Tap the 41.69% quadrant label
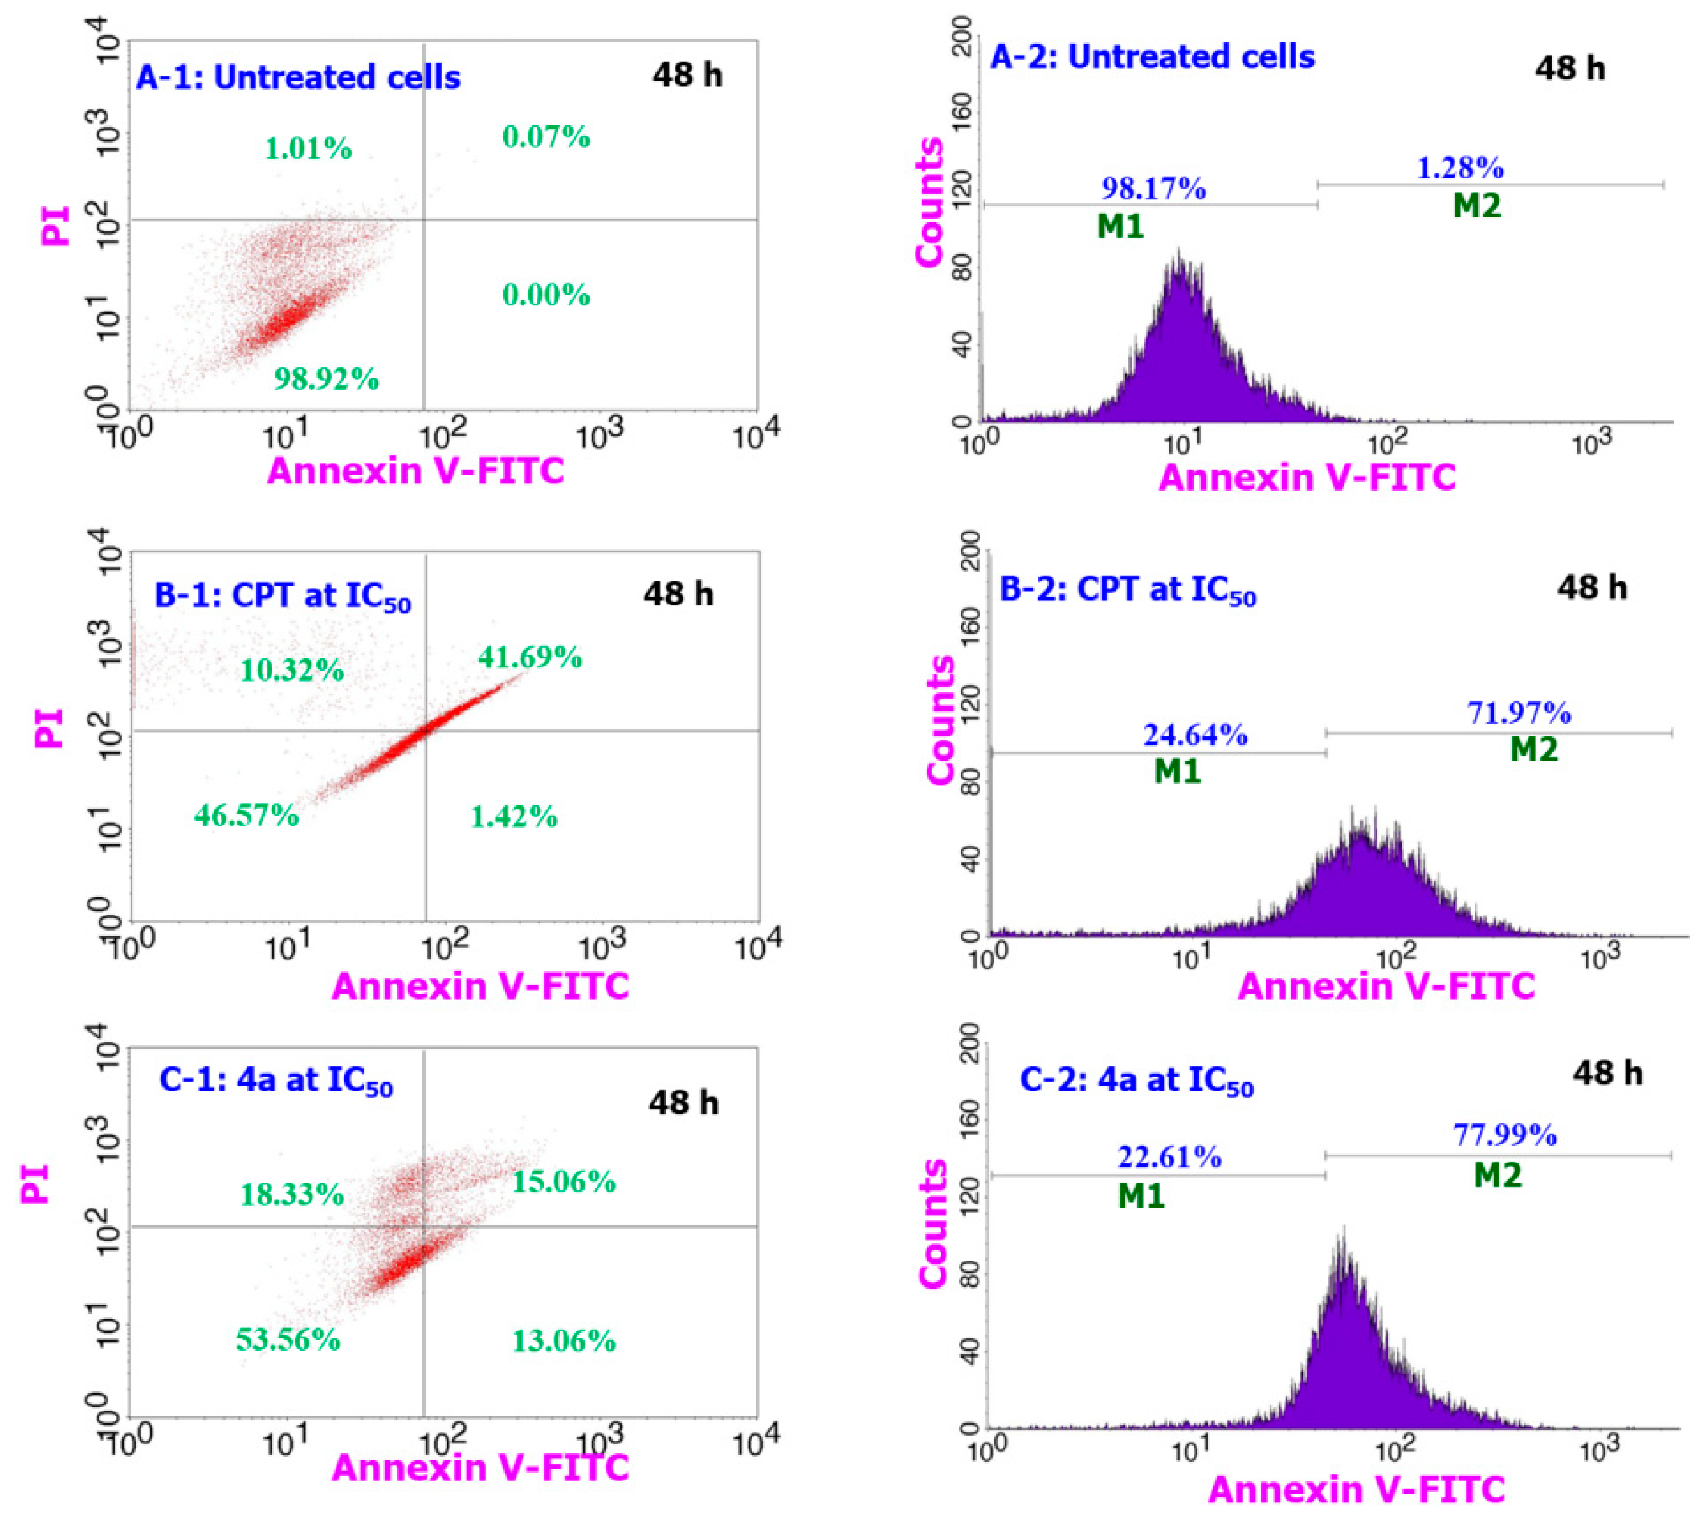coord(529,656)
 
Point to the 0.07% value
coord(547,136)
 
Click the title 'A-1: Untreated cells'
coord(298,77)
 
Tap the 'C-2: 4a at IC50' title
coord(1136,1081)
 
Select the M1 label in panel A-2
coord(1120,226)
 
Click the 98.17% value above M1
coord(1153,189)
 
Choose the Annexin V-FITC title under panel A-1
coord(416,470)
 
